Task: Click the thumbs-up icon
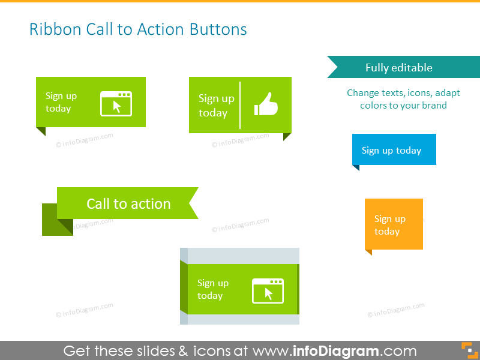(x=266, y=104)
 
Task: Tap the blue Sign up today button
(x=394, y=149)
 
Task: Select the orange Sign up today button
(x=394, y=224)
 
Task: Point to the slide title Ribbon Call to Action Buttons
(x=138, y=29)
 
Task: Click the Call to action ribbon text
(x=128, y=203)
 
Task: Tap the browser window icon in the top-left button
(x=116, y=104)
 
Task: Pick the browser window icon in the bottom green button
(x=268, y=290)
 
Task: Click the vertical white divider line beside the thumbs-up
(x=240, y=105)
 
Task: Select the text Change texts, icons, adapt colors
(x=403, y=99)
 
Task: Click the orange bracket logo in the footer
(x=467, y=350)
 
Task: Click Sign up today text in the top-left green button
(x=61, y=102)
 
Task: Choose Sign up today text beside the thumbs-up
(x=216, y=105)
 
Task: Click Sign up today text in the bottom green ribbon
(x=212, y=289)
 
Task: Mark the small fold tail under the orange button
(x=368, y=252)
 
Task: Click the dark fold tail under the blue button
(x=355, y=167)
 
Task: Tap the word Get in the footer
(x=77, y=351)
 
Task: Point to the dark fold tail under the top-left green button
(x=40, y=131)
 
